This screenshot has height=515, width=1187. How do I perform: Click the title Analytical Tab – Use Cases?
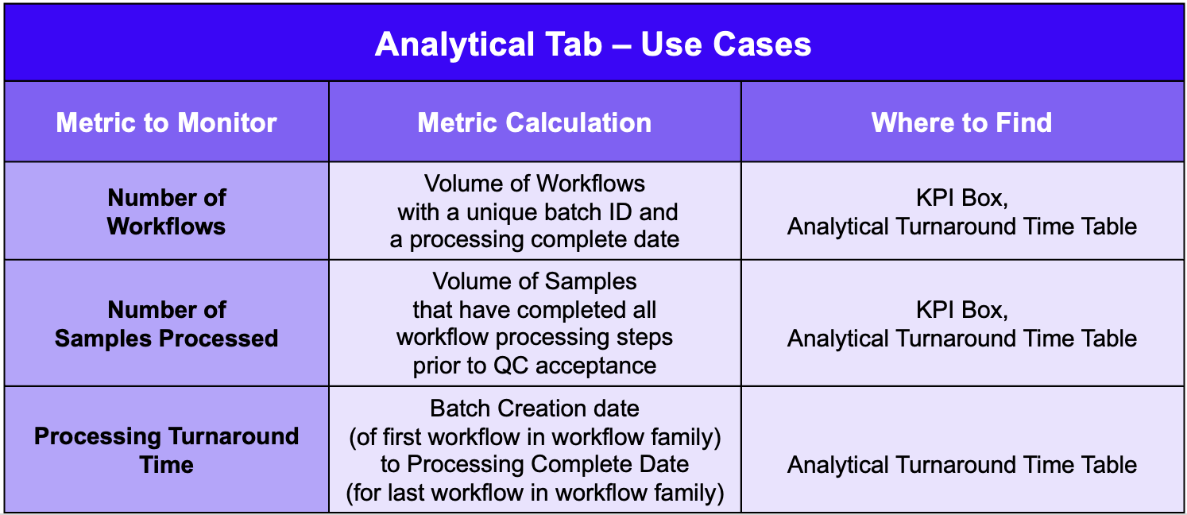[x=593, y=44]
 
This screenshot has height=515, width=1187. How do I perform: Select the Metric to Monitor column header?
[x=166, y=122]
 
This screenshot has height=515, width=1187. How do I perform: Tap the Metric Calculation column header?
[x=534, y=122]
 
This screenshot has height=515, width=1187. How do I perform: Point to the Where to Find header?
[x=961, y=122]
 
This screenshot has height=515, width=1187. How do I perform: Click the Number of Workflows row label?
[x=166, y=212]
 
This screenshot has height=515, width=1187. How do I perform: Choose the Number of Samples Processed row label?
[x=166, y=323]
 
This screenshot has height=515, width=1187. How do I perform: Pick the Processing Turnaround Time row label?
[x=166, y=451]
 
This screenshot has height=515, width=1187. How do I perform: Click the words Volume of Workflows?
[x=534, y=184]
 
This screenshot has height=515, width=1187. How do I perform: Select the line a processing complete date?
[x=534, y=239]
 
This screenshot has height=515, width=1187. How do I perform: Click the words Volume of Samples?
[x=534, y=281]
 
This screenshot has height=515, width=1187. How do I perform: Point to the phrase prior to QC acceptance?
[x=534, y=366]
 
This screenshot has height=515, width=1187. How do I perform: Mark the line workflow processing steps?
[x=534, y=338]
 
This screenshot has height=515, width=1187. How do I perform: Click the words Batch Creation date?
[x=534, y=409]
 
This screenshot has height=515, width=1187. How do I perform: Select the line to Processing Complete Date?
[x=534, y=464]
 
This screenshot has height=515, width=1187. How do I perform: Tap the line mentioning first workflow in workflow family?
[x=534, y=437]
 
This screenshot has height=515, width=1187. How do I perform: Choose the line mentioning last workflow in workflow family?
[x=534, y=493]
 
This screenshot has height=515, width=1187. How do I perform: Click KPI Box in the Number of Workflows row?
[x=962, y=198]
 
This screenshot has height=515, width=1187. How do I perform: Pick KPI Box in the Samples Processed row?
[x=962, y=310]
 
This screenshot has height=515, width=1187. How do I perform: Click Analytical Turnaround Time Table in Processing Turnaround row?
[x=962, y=465]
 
